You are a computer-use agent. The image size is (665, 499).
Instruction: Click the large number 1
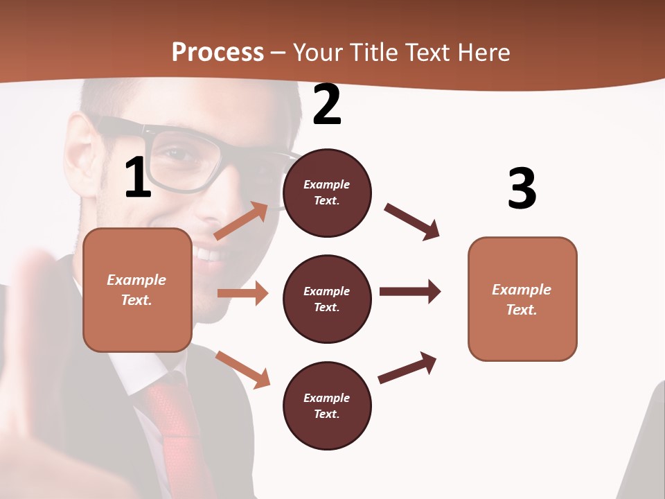(x=138, y=177)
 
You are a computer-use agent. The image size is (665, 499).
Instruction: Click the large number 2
(x=327, y=105)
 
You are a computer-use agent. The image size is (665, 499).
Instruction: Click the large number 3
(x=522, y=188)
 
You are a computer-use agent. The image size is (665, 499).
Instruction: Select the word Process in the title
(x=218, y=52)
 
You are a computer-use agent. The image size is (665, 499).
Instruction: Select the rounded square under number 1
(x=137, y=290)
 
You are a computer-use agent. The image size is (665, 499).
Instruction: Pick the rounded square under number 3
(x=522, y=299)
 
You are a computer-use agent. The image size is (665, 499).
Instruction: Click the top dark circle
(x=327, y=193)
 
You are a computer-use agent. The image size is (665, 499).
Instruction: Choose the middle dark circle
(x=327, y=299)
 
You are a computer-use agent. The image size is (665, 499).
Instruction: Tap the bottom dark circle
(x=327, y=405)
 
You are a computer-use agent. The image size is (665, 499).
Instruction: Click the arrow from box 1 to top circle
(x=240, y=221)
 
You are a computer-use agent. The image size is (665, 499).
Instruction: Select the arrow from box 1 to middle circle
(x=242, y=293)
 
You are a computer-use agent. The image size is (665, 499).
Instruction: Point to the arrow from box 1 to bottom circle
(x=242, y=369)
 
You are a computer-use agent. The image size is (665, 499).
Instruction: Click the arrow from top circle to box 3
(x=412, y=222)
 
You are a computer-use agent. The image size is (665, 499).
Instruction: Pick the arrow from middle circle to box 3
(x=410, y=292)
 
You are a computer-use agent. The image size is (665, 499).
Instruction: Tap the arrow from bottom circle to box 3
(x=407, y=368)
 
